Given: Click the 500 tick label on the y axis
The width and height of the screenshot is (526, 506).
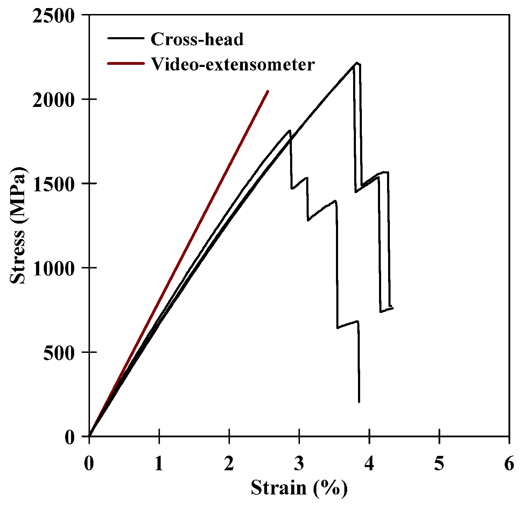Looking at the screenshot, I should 60,353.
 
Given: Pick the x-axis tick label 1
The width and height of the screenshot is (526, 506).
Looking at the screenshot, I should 159,464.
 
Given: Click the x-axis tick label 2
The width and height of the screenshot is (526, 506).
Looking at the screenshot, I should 229,464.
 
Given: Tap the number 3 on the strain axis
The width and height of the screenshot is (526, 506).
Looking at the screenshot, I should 299,464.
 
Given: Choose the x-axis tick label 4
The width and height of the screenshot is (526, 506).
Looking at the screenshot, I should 369,464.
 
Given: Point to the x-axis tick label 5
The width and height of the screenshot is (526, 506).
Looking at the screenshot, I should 439,464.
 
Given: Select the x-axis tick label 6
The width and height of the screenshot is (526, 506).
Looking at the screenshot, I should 509,464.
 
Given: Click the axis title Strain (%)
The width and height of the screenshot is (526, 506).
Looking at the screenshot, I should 299,488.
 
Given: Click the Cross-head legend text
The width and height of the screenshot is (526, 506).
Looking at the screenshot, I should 197,39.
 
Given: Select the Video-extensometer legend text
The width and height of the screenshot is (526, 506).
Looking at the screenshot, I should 233,64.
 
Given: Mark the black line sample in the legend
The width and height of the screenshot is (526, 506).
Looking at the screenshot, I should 126,38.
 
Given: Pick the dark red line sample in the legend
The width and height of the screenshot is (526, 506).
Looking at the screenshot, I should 126,63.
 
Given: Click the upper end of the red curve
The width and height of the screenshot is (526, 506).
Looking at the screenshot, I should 268,91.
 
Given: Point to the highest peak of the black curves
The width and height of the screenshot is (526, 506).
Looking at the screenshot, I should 357,63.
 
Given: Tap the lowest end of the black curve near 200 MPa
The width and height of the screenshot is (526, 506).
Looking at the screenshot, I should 359,402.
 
